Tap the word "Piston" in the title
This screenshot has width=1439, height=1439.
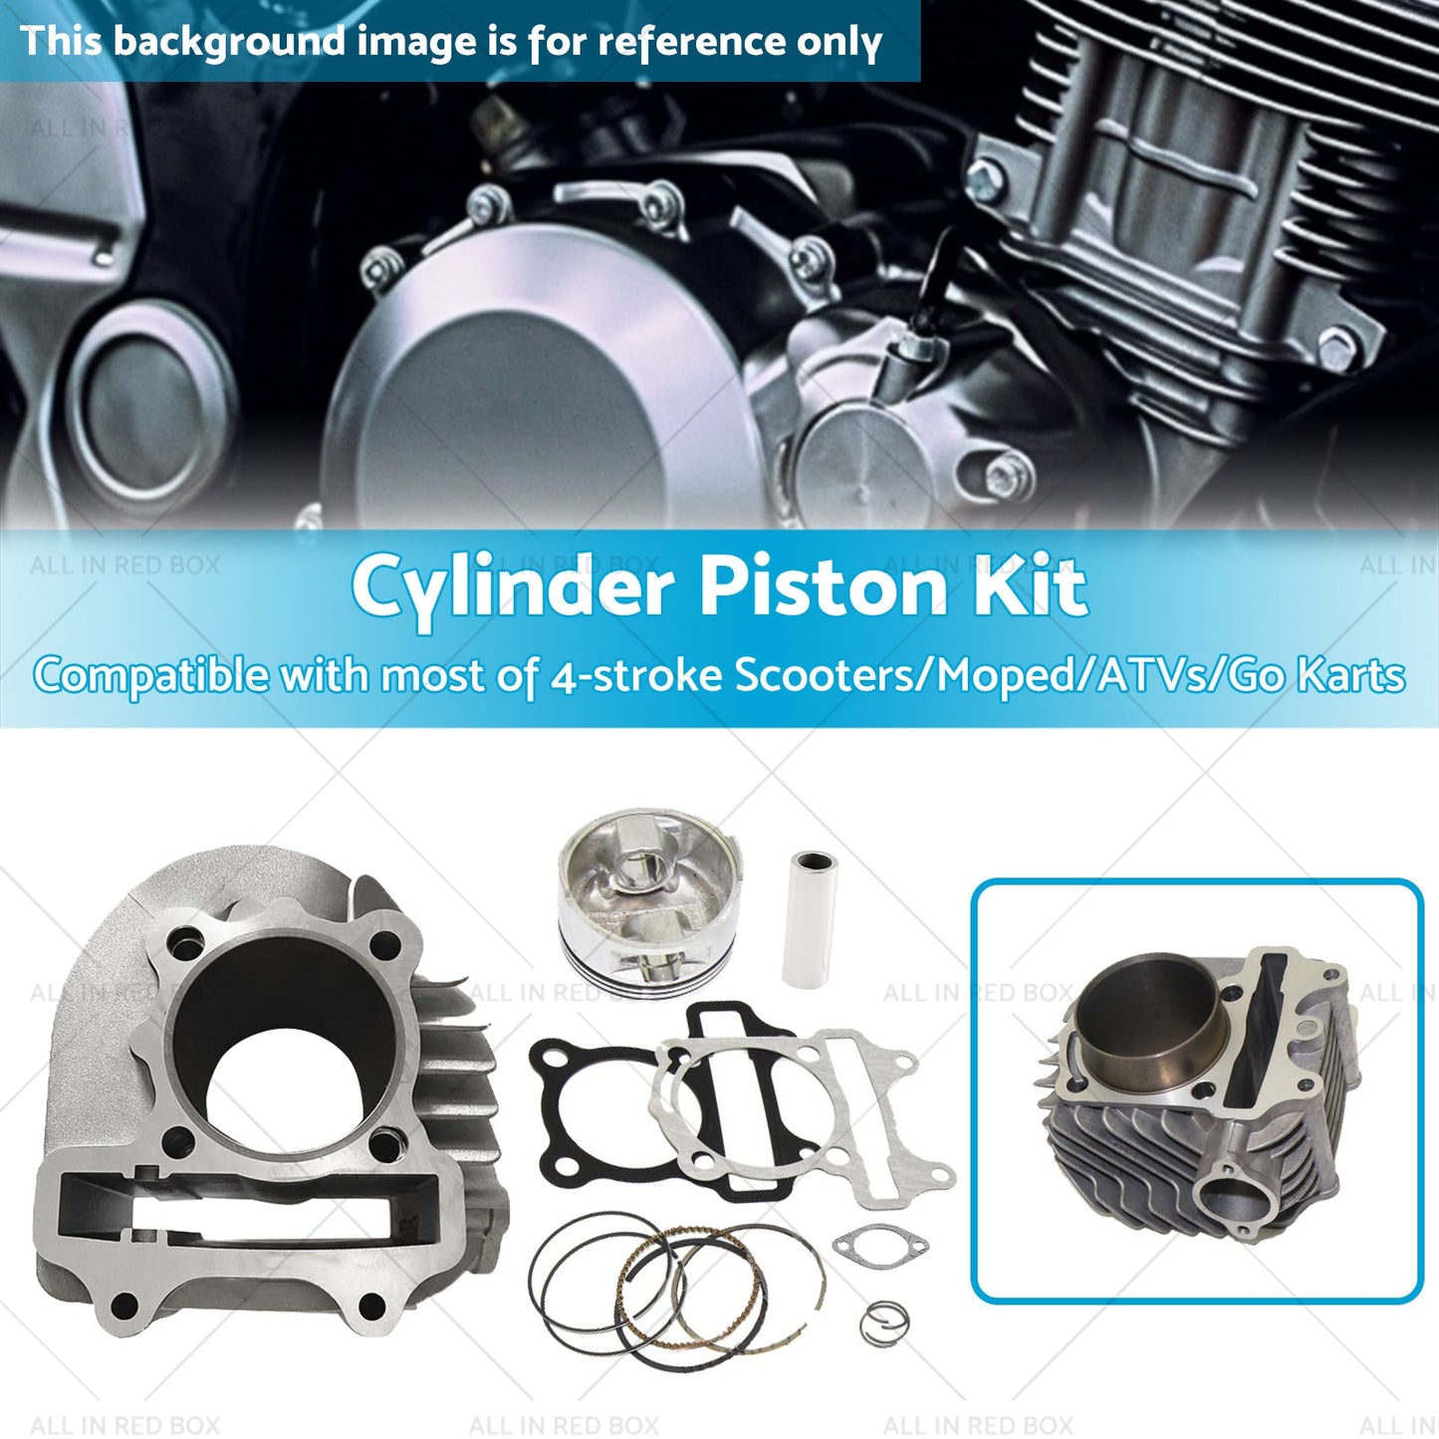pos(825,587)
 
